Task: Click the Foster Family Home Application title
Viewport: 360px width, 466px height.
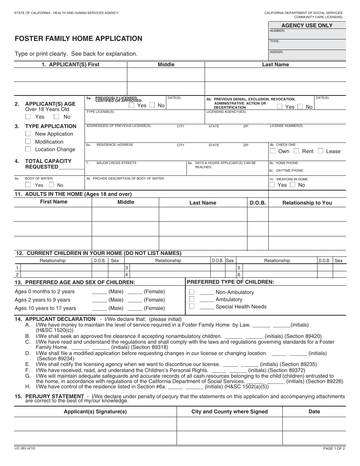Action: point(78,39)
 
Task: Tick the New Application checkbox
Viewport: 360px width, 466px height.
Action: point(28,134)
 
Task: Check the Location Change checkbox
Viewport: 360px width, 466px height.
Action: point(28,149)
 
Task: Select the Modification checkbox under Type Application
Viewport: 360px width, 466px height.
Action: point(28,141)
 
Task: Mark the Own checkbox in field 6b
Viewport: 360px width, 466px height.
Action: point(272,151)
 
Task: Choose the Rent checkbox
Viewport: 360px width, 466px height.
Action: point(296,151)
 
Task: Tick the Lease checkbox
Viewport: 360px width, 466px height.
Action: point(320,151)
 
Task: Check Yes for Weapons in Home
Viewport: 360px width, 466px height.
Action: point(272,185)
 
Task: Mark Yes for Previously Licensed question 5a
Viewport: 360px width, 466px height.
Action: point(131,105)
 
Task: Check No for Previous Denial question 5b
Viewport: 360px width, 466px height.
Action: point(300,106)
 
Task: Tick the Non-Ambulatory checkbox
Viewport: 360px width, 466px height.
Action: point(192,292)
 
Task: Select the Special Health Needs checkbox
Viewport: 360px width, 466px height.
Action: point(192,306)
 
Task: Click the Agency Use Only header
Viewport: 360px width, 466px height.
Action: point(307,25)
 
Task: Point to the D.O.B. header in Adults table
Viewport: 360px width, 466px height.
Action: point(258,203)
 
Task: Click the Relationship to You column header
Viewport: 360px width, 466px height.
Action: point(307,203)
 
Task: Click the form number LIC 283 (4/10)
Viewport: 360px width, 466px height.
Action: point(25,448)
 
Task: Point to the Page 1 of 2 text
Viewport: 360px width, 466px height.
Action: point(334,449)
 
